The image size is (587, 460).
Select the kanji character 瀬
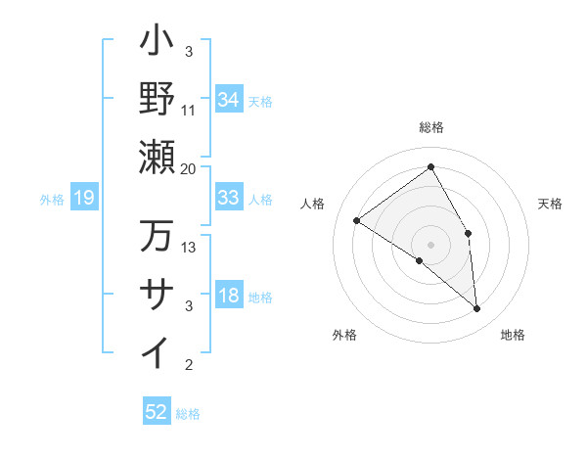pos(158,156)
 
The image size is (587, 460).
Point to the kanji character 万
pos(158,236)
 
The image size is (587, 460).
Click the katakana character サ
pos(158,295)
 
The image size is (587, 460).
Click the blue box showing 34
pos(229,99)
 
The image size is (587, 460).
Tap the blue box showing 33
pos(229,198)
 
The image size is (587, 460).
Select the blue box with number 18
pos(229,297)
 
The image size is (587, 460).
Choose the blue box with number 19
pos(84,199)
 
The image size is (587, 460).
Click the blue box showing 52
pos(157,412)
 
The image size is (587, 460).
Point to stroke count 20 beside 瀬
pos(189,168)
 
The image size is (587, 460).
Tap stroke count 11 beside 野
pos(189,110)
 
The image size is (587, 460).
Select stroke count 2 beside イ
pos(189,365)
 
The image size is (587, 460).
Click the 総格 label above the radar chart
pos(430,128)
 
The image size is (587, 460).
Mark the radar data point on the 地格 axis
pos(477,309)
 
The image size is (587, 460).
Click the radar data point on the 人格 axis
pos(357,220)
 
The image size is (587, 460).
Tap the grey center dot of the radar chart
pos(430,243)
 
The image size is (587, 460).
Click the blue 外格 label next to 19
pos(52,200)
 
